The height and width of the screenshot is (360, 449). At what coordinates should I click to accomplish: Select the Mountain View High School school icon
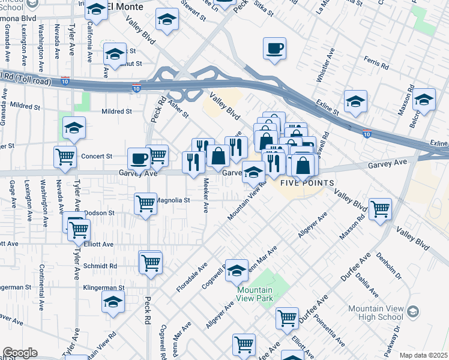(413, 311)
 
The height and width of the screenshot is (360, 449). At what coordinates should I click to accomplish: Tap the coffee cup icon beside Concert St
(139, 159)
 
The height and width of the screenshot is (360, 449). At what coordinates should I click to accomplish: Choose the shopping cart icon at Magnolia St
(146, 204)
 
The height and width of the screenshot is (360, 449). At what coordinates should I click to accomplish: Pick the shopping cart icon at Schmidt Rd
(151, 262)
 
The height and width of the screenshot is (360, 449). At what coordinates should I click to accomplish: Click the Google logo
(20, 353)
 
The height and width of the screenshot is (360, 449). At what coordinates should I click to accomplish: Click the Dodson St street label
(99, 213)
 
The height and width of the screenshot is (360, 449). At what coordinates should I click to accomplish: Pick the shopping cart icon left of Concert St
(65, 157)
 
